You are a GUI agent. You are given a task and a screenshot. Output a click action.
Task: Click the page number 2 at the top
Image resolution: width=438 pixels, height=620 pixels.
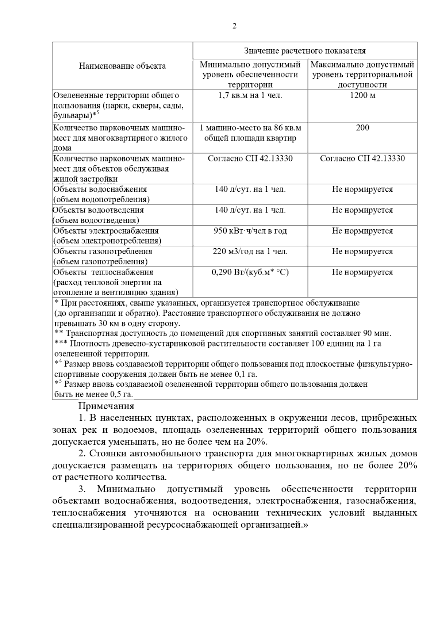(x=234, y=26)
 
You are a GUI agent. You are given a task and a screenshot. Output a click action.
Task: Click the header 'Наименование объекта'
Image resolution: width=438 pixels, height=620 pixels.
(x=122, y=66)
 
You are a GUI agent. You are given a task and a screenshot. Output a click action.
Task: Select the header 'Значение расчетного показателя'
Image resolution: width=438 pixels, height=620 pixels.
(x=305, y=51)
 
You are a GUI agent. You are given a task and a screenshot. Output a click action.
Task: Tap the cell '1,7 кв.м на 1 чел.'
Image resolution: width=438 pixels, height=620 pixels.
(x=250, y=96)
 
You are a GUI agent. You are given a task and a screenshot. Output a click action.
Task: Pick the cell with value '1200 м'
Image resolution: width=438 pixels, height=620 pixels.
(x=362, y=96)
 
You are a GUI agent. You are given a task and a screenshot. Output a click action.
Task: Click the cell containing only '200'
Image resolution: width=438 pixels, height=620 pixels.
(x=362, y=128)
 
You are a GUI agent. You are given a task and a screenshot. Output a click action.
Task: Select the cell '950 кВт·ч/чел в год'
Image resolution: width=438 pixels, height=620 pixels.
(x=250, y=231)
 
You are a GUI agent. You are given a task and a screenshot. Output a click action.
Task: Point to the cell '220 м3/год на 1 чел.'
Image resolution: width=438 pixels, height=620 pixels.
(x=250, y=251)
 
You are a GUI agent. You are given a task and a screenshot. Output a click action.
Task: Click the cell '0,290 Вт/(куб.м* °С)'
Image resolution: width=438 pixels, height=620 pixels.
(x=250, y=272)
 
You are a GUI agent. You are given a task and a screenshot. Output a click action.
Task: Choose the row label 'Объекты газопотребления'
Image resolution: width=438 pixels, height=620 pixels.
(x=103, y=251)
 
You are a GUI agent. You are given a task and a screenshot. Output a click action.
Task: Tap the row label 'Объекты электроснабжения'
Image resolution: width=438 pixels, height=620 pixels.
(x=106, y=231)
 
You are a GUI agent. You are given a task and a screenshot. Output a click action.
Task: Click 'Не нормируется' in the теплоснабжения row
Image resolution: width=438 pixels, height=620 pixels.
(x=362, y=272)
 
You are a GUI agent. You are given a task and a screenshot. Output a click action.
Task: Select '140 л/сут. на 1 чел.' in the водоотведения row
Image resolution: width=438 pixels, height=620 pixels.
(x=250, y=210)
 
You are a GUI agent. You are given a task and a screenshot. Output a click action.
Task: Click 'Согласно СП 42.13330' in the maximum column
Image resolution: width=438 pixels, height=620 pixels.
(x=362, y=158)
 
